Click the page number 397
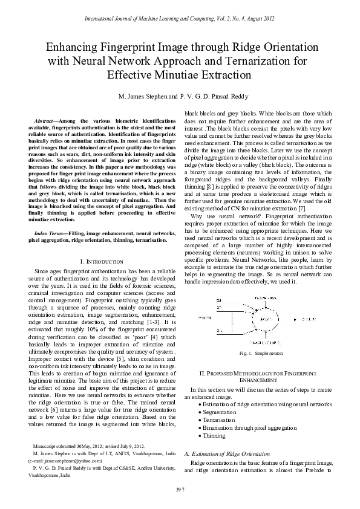(x=180, y=488)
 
